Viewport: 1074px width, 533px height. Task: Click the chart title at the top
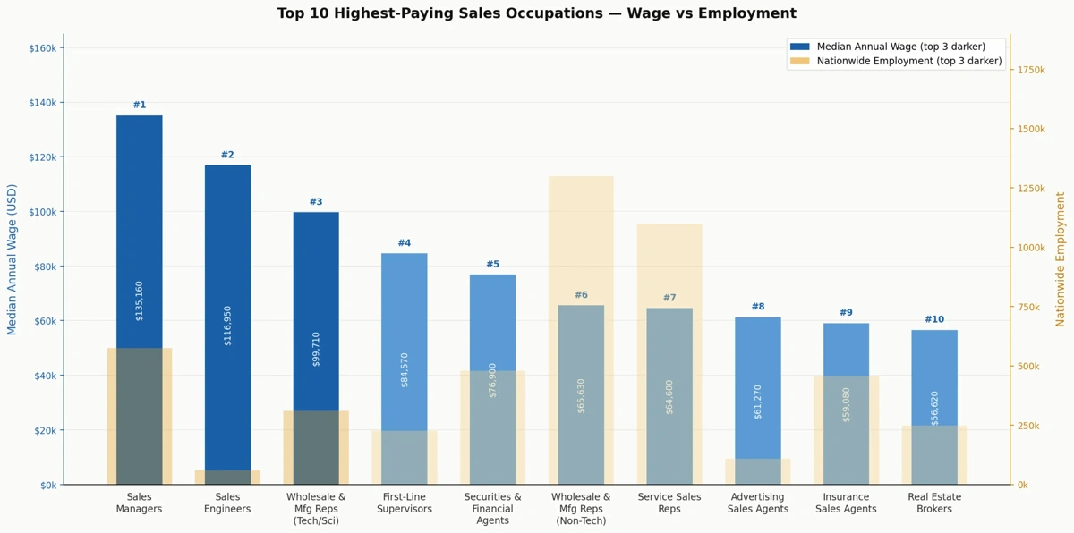[x=536, y=13]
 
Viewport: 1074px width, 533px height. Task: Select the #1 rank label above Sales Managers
[x=140, y=106]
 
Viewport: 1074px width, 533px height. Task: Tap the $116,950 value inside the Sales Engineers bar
[x=227, y=325]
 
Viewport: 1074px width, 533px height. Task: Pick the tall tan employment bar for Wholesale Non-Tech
[x=581, y=233]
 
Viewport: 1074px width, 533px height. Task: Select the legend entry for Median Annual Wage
[x=900, y=47]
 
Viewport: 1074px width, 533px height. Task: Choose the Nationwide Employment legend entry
[x=908, y=61]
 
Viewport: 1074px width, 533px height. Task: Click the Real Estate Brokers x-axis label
[x=934, y=503]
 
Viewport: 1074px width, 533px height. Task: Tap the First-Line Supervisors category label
[x=405, y=503]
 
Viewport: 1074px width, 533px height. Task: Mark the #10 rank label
[x=934, y=320]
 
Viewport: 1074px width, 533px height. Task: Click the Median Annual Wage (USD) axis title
[x=13, y=259]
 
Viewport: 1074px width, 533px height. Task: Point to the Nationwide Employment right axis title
[x=1061, y=259]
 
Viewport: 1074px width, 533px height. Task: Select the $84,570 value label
[x=405, y=368]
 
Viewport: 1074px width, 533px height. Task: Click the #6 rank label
[x=581, y=295]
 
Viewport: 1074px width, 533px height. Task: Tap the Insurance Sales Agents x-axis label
[x=846, y=503]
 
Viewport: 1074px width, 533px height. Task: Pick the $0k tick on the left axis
[x=47, y=485]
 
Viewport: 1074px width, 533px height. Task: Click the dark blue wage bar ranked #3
[x=316, y=304]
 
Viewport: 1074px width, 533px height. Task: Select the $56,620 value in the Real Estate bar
[x=934, y=408]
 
